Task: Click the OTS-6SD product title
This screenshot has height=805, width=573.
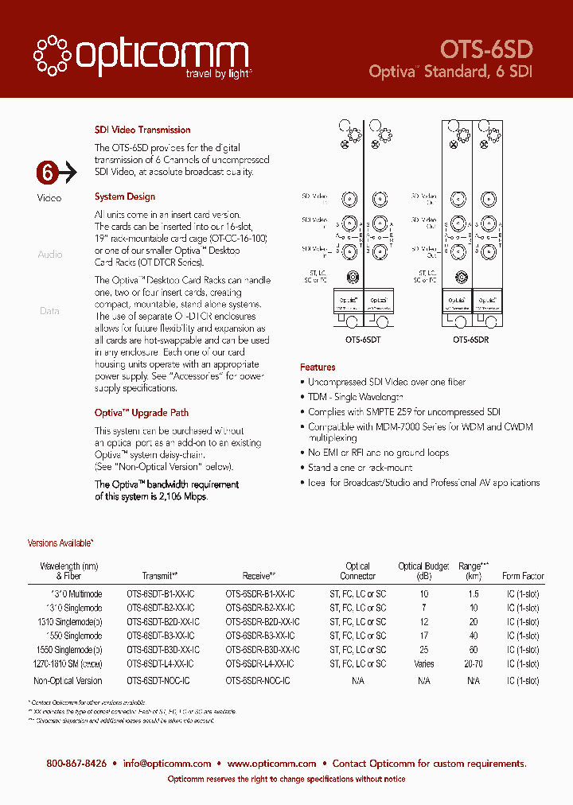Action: coord(487,49)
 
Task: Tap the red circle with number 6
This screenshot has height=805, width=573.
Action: coord(48,172)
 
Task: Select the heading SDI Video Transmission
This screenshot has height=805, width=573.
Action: coord(142,130)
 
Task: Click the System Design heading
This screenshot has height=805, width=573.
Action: coord(125,196)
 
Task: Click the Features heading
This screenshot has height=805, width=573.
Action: coord(318,367)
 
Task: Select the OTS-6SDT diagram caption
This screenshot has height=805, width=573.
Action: coord(363,340)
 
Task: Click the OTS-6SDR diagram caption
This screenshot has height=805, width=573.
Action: coord(471,340)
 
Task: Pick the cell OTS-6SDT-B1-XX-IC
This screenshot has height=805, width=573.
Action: coord(160,594)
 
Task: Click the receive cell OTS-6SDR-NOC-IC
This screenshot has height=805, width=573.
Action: coord(257,681)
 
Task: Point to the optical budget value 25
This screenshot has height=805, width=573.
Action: coord(423,650)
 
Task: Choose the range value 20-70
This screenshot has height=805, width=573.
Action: coord(474,663)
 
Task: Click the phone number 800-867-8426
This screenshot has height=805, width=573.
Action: coord(76,764)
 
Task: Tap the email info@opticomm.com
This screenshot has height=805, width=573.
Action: coord(167,764)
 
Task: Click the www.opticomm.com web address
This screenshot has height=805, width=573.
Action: coord(272,764)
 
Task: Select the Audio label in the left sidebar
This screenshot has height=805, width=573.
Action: coord(49,255)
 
